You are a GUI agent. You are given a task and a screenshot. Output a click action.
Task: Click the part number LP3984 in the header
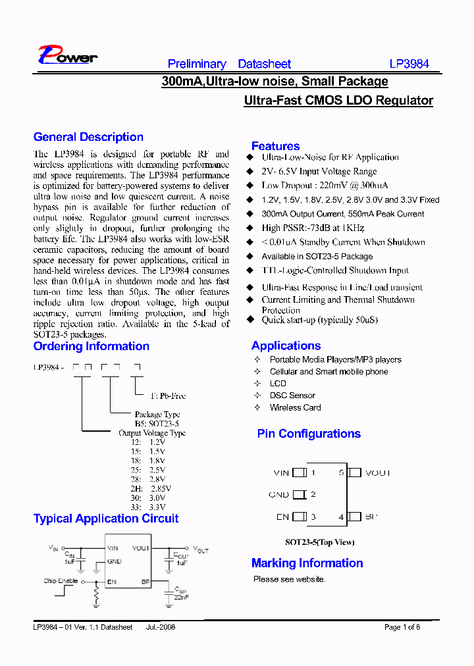point(409,64)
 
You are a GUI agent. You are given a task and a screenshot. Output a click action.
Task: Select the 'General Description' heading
point(88,137)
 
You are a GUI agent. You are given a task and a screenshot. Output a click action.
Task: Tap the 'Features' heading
point(275,146)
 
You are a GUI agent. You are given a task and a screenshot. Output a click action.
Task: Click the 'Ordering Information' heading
point(91,346)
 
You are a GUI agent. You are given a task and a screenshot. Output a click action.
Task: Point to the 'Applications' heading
point(286,346)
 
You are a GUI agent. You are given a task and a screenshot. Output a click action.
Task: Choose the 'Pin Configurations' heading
point(309,434)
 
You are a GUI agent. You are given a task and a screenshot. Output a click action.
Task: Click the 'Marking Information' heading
point(307,563)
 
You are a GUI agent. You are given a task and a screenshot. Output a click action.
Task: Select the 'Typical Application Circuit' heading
point(105,519)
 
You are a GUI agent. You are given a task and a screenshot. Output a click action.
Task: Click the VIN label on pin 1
point(281,473)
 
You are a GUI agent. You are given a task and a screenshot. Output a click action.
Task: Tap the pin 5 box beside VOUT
point(355,473)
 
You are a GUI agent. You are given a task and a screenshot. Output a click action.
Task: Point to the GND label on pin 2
point(278,495)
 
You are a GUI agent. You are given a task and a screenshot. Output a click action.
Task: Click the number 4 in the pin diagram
point(341,517)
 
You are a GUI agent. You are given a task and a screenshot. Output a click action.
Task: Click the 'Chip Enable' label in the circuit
point(61,581)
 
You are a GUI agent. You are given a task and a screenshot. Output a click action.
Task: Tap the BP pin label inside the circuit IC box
point(145,582)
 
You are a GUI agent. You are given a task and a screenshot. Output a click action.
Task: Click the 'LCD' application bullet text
point(278,384)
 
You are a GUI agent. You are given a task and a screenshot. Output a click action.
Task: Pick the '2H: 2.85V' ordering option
point(151,489)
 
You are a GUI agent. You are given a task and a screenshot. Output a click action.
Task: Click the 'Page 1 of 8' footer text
point(402,627)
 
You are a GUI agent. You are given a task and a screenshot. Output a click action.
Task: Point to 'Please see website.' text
point(289,579)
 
